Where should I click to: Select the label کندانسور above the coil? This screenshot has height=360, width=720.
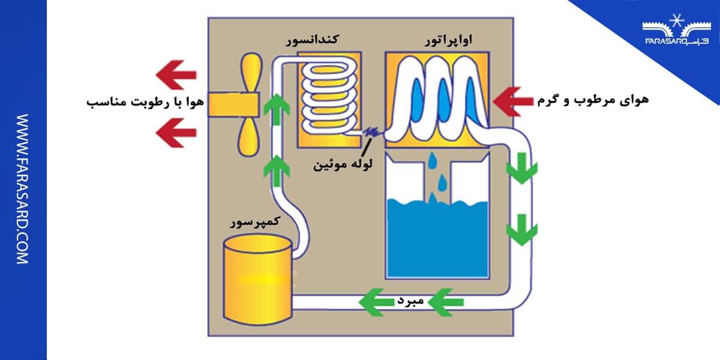tap(311, 40)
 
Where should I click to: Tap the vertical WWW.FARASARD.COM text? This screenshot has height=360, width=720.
tap(22, 189)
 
